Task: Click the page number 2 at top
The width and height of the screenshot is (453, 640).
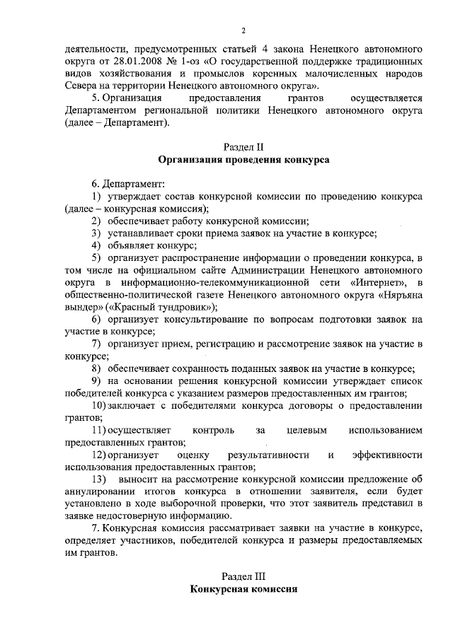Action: coord(243,30)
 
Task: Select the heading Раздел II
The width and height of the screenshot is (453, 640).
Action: coord(243,147)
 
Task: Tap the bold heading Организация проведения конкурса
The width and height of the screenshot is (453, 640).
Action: coord(243,161)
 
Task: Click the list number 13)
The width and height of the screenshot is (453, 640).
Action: coord(100,481)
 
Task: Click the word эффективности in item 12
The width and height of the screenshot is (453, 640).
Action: coord(387,455)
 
